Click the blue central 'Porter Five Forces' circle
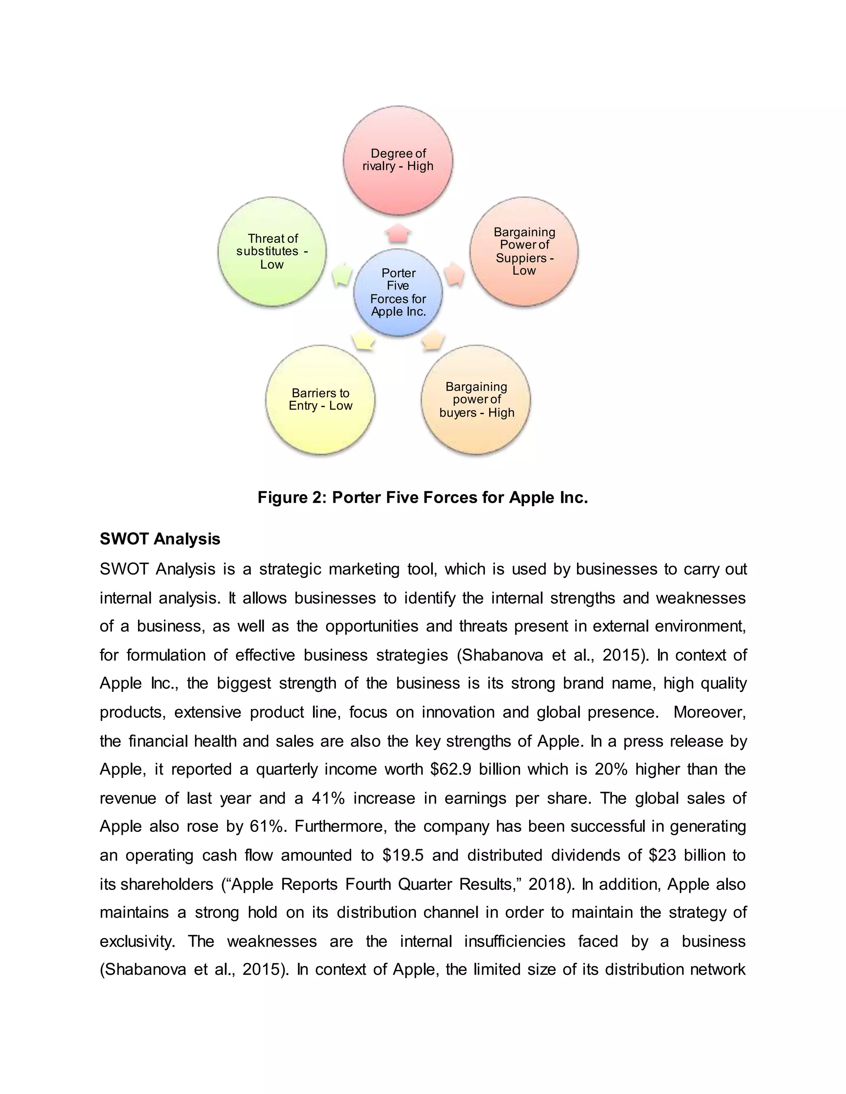pyautogui.click(x=398, y=293)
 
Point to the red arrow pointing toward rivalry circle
pyautogui.click(x=398, y=233)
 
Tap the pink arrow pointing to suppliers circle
pyautogui.click(x=454, y=274)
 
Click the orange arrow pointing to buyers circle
pyautogui.click(x=433, y=340)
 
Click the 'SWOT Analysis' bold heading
pyautogui.click(x=160, y=539)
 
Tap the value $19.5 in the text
pyautogui.click(x=402, y=855)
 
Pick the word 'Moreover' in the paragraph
pyautogui.click(x=709, y=712)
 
